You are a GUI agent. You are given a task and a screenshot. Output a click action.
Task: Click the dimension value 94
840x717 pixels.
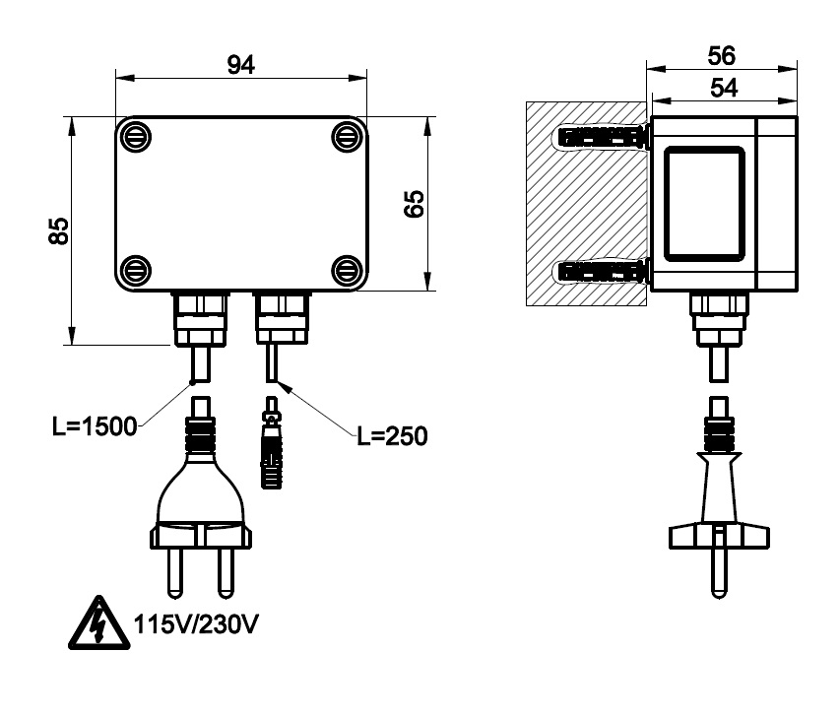point(241,64)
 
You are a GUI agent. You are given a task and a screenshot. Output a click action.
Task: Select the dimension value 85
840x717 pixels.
point(59,231)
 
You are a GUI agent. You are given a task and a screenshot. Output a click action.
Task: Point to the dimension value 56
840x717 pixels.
point(722,55)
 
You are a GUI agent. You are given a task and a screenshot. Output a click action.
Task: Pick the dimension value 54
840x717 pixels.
point(722,88)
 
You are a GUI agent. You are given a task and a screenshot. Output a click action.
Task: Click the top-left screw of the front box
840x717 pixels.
point(134,134)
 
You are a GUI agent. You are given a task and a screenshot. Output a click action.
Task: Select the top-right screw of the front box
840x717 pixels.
point(346,134)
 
